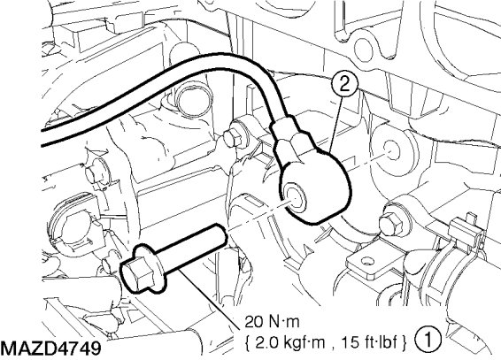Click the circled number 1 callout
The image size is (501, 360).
428,339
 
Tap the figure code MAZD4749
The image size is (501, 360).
50,349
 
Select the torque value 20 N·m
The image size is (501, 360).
273,322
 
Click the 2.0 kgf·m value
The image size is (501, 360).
290,342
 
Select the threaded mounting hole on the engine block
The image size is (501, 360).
390,150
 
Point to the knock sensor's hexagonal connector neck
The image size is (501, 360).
288,134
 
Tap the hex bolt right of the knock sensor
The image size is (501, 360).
390,224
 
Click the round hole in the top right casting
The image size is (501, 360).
364,49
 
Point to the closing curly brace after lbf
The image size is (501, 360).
405,343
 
